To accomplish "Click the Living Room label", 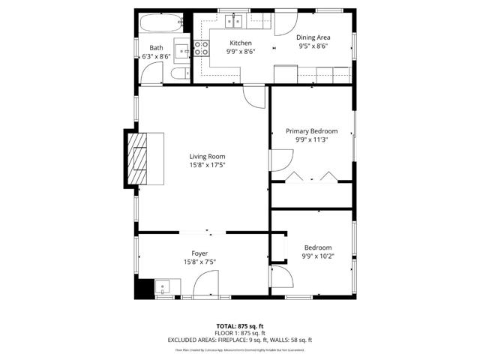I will [x=207, y=157].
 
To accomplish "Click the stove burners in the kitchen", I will [x=202, y=49].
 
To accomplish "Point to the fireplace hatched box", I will [x=142, y=157].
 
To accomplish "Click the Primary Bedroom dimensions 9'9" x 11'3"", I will [x=312, y=139].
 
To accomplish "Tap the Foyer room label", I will [x=199, y=253].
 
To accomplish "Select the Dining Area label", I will [x=313, y=37].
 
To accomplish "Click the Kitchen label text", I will [x=240, y=43].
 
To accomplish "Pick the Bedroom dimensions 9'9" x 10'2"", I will [x=318, y=256].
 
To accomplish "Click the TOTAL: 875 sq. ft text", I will [x=239, y=326].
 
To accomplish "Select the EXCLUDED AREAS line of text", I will [x=239, y=340].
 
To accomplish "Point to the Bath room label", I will [x=156, y=48].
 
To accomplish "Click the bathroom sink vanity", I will [x=181, y=45].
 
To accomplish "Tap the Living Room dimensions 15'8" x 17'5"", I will [x=207, y=165].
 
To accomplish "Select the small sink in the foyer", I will [x=163, y=286].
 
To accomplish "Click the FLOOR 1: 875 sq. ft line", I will [x=239, y=333].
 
